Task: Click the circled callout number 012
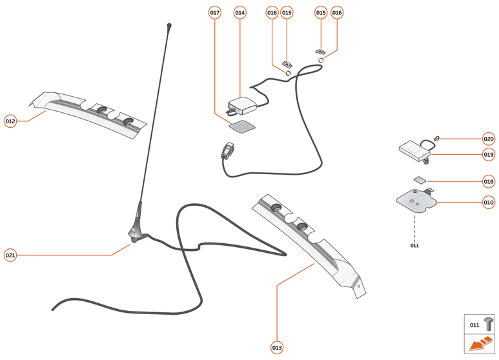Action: [10, 121]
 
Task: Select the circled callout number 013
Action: [277, 348]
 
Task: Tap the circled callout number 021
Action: [10, 255]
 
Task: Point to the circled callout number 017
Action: [215, 13]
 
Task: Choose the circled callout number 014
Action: [240, 13]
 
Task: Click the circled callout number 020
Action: [489, 139]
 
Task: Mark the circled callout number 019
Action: [489, 154]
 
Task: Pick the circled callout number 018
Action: [489, 181]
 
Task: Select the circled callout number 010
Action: [489, 203]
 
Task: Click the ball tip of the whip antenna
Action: [169, 26]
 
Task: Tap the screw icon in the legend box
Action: [489, 325]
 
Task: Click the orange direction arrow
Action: [480, 345]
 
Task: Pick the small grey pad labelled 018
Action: [419, 181]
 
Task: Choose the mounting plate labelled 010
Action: [417, 201]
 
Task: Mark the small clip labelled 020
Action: [437, 137]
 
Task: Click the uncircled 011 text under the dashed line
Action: [414, 246]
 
